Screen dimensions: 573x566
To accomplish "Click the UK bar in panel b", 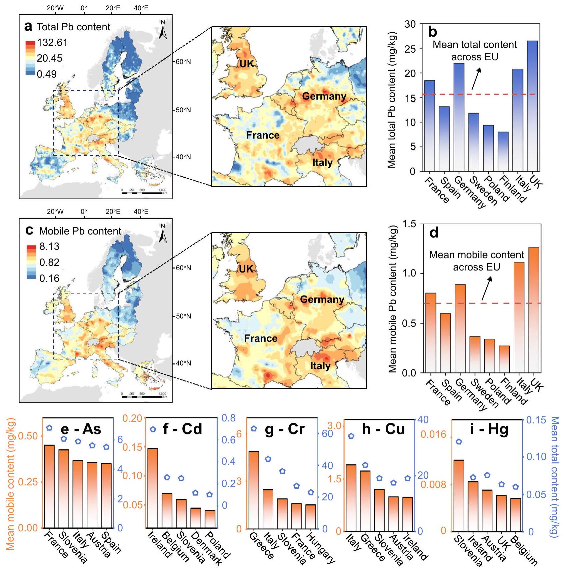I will pyautogui.click(x=532, y=106).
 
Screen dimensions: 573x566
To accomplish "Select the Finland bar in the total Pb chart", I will pyautogui.click(x=503, y=152).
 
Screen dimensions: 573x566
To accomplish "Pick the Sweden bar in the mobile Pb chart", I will pyautogui.click(x=475, y=354).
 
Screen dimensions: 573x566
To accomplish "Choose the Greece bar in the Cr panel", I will pyautogui.click(x=254, y=490).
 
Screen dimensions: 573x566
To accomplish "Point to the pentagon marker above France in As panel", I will pyautogui.click(x=49, y=428).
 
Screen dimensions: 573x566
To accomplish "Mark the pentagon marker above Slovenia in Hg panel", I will pyautogui.click(x=459, y=442).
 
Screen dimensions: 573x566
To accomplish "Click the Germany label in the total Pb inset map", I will pyautogui.click(x=324, y=96).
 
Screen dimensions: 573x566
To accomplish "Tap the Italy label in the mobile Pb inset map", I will pyautogui.click(x=320, y=366).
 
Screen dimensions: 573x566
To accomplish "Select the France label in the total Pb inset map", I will pyautogui.click(x=263, y=135).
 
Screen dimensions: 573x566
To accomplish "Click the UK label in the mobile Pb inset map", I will pyautogui.click(x=246, y=269).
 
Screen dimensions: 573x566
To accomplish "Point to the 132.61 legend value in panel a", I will pyautogui.click(x=52, y=43).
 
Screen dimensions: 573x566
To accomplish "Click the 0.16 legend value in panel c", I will pyautogui.click(x=49, y=278).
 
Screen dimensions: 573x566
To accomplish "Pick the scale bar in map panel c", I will pyautogui.click(x=144, y=396).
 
